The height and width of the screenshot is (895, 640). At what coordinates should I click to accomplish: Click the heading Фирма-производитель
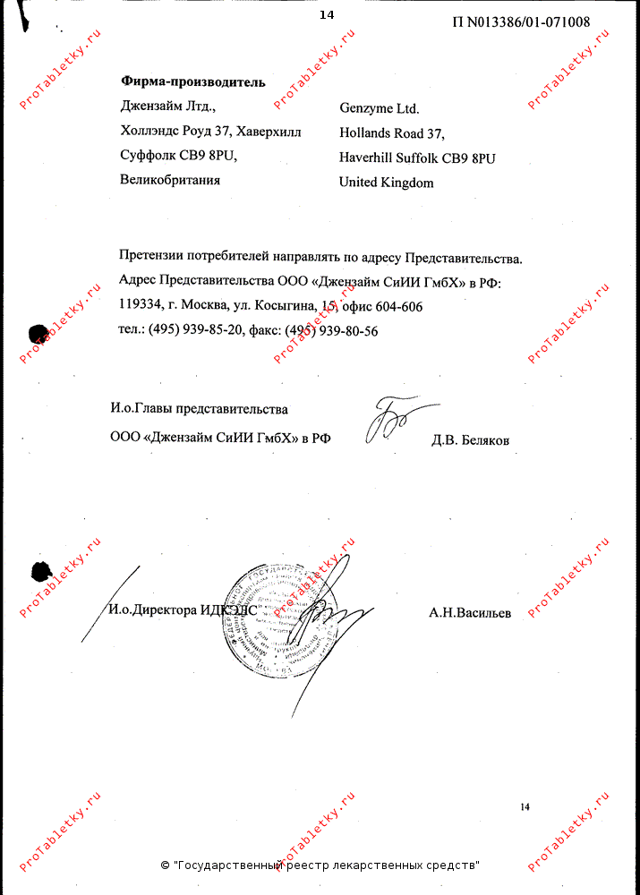coord(192,82)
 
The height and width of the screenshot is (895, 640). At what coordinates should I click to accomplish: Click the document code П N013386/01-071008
coord(521,22)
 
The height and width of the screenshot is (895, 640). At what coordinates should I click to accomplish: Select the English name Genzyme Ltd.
coord(379,108)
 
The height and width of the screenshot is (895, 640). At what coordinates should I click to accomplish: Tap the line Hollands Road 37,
coord(391,133)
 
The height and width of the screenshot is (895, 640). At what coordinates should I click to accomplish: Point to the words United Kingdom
coord(386,183)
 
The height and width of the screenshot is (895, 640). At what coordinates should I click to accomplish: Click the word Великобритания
coord(170,180)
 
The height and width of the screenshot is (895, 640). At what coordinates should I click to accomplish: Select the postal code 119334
coord(139,306)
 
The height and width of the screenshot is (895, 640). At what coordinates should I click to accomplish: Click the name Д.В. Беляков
coord(470,439)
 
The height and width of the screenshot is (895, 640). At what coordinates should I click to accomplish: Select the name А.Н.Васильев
coord(470,613)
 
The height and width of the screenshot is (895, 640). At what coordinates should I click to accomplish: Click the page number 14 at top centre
coord(326,14)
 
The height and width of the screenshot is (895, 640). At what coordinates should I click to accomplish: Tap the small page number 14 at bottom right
coord(525,807)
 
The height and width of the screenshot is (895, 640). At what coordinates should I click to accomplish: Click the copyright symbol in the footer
coord(165,865)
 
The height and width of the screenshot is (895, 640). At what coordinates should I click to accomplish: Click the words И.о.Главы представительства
coord(199,409)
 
